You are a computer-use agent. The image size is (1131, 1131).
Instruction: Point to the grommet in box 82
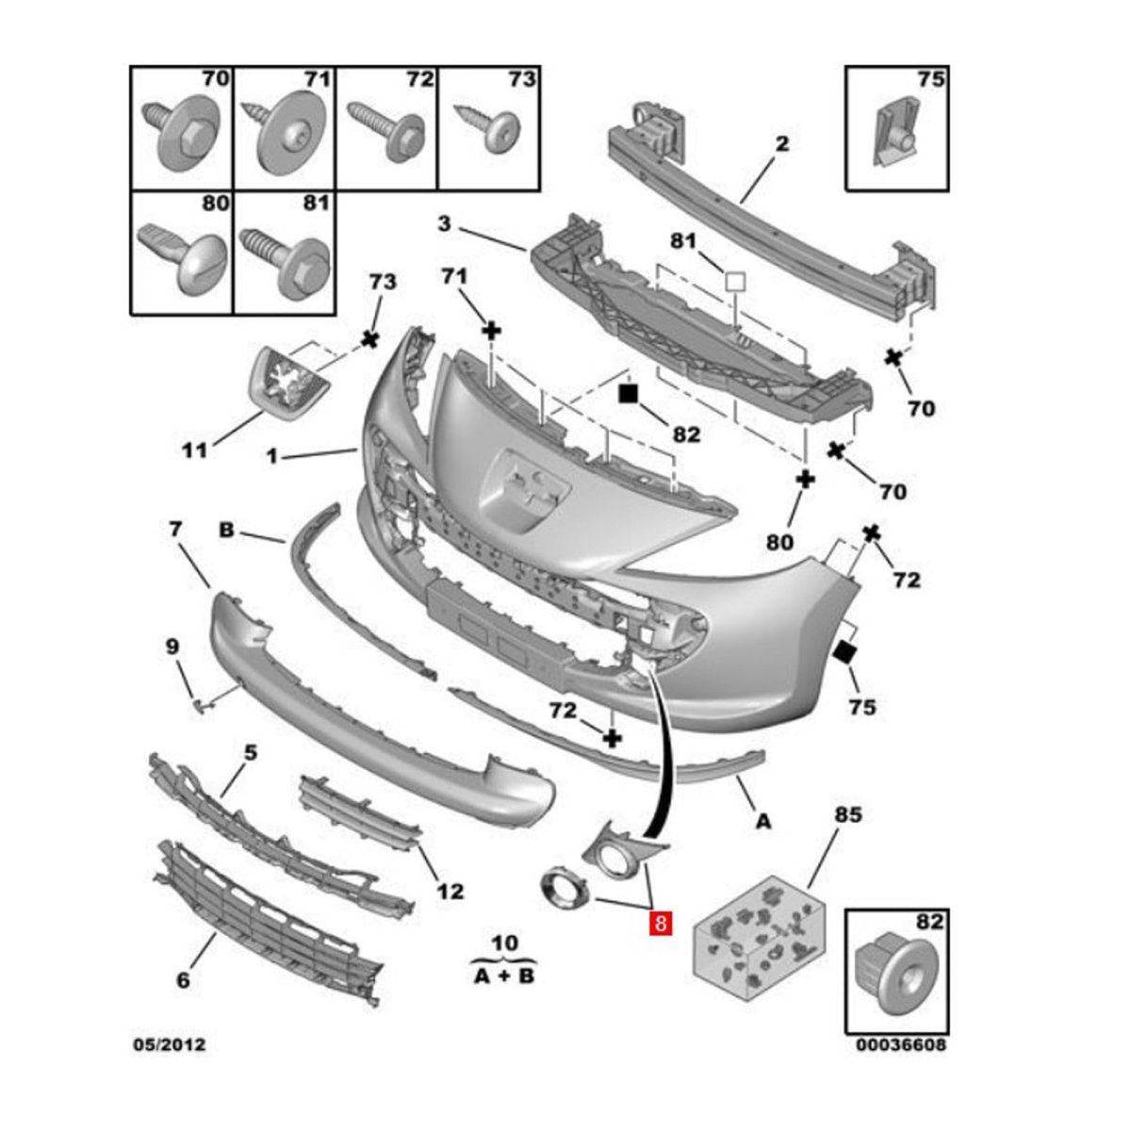tap(890, 980)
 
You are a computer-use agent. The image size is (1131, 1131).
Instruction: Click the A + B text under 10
tap(502, 975)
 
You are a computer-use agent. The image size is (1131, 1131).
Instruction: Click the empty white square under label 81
tap(734, 281)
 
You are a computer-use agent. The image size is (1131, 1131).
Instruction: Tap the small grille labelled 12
tap(358, 811)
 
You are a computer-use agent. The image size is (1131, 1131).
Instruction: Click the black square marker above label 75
tap(845, 651)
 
